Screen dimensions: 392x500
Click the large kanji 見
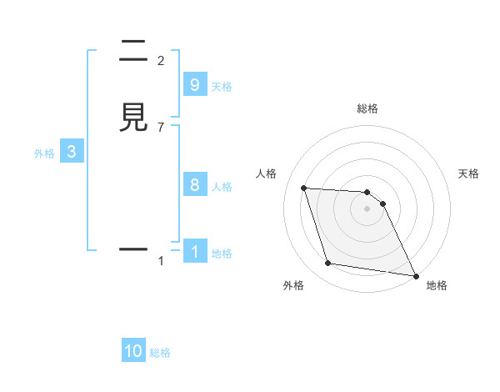(x=133, y=117)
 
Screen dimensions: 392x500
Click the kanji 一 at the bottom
(x=133, y=249)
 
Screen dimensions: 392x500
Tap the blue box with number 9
(x=194, y=85)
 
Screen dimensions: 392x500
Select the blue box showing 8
(x=194, y=185)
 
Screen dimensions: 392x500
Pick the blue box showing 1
(x=194, y=251)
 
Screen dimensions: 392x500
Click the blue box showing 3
(x=71, y=152)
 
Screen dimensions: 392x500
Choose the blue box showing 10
(x=133, y=351)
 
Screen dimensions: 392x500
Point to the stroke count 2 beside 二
(x=161, y=61)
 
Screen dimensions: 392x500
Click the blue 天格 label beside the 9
(x=222, y=87)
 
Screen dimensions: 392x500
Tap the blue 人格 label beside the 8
(x=222, y=187)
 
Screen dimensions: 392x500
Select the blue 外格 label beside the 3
(x=43, y=153)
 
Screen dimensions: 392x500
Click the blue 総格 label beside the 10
(x=160, y=353)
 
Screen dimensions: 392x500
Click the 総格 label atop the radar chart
(x=367, y=108)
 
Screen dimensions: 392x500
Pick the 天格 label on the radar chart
(x=468, y=173)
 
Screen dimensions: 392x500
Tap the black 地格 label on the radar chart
(x=437, y=285)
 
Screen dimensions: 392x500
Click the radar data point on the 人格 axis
(x=304, y=188)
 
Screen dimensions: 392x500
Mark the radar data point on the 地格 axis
(x=415, y=275)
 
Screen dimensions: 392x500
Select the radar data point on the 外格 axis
(x=328, y=264)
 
